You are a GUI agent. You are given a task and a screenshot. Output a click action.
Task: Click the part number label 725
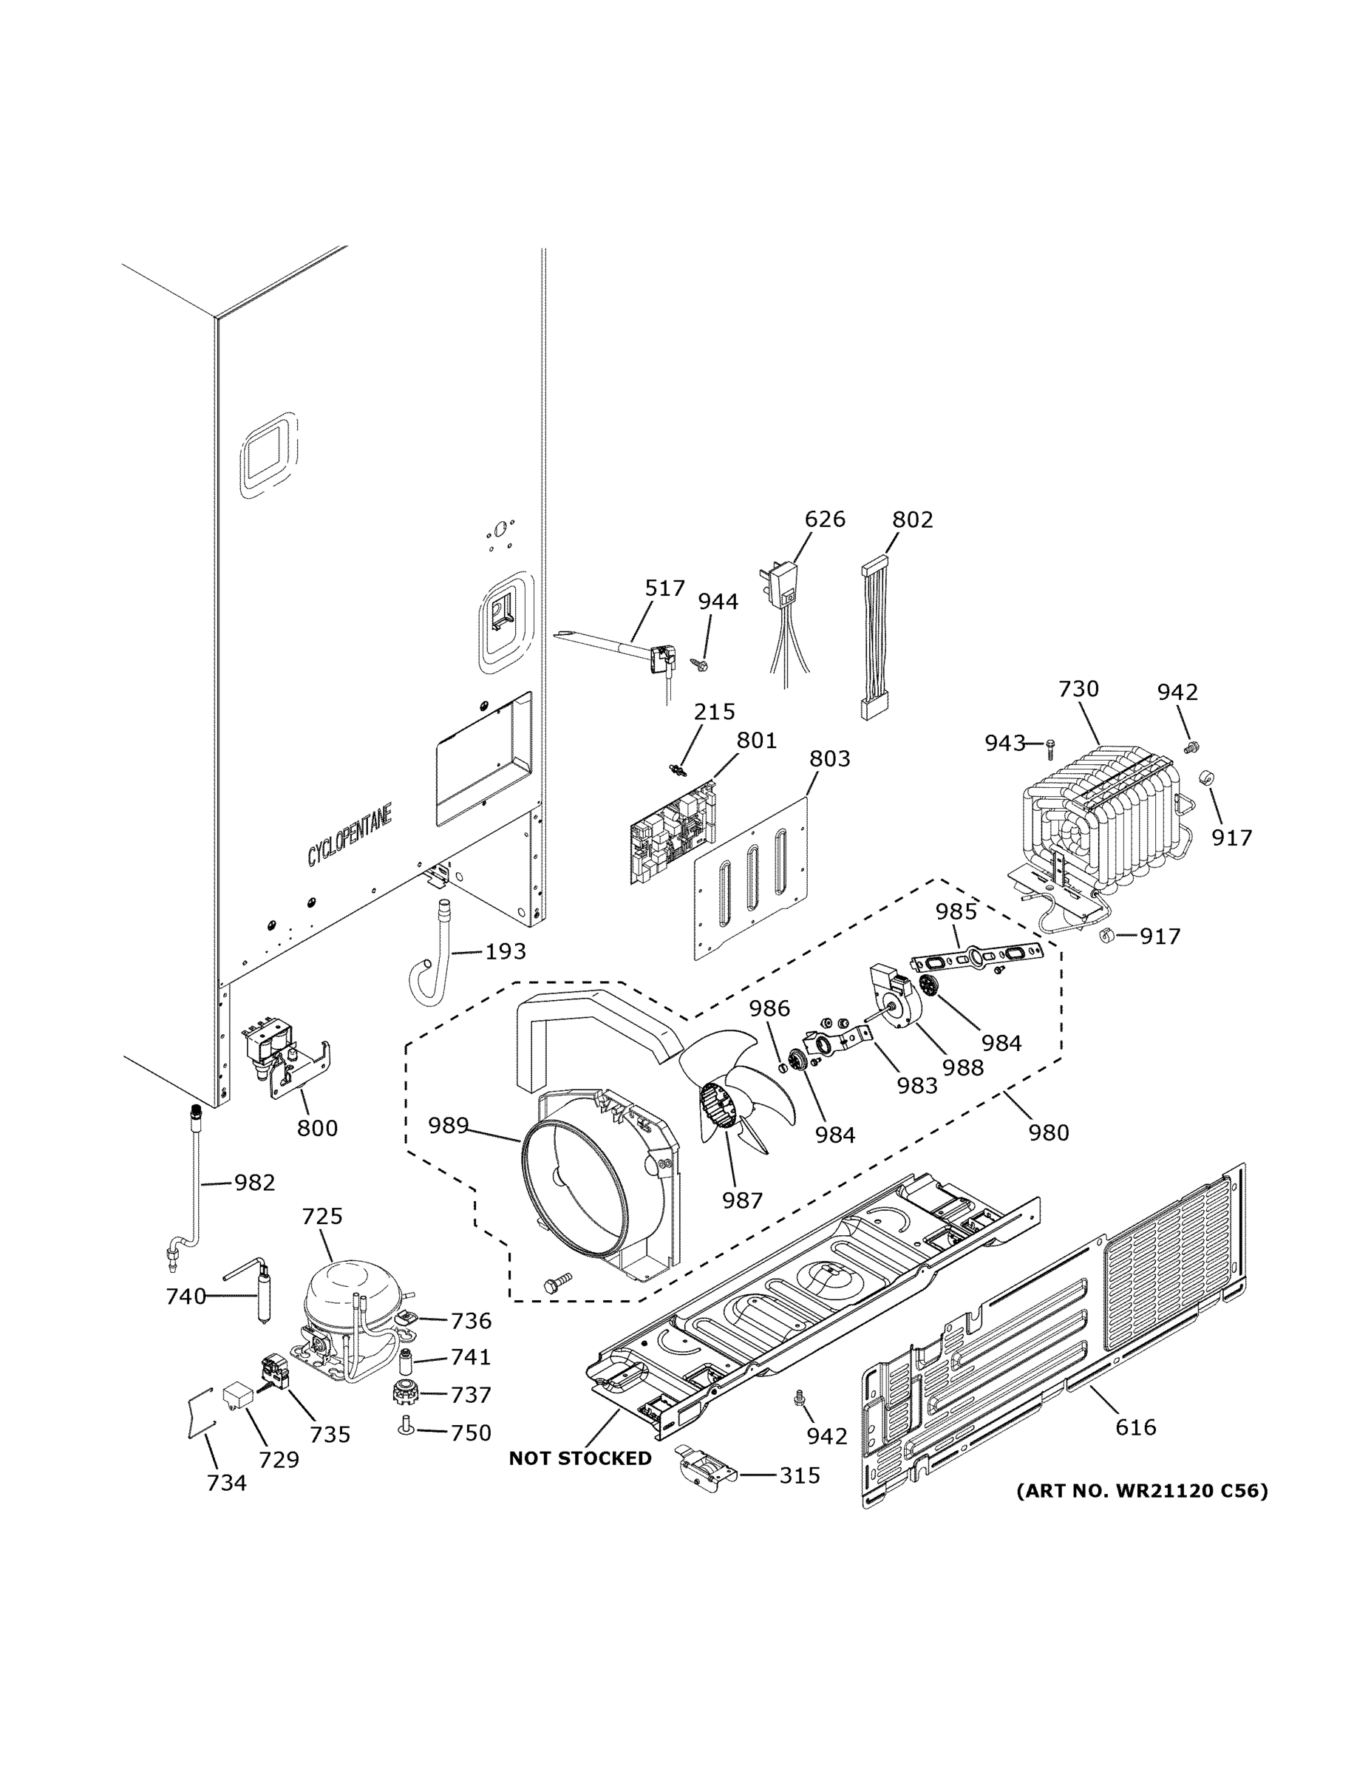tap(322, 1216)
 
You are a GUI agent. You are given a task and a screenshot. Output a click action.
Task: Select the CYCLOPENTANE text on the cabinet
tap(350, 835)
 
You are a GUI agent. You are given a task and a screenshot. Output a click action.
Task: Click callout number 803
tap(829, 758)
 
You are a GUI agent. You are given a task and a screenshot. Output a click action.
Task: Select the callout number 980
tap(1049, 1132)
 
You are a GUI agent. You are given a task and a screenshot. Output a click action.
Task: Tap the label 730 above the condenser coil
tap(1078, 689)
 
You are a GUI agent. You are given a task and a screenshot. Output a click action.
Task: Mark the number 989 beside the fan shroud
tap(449, 1125)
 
